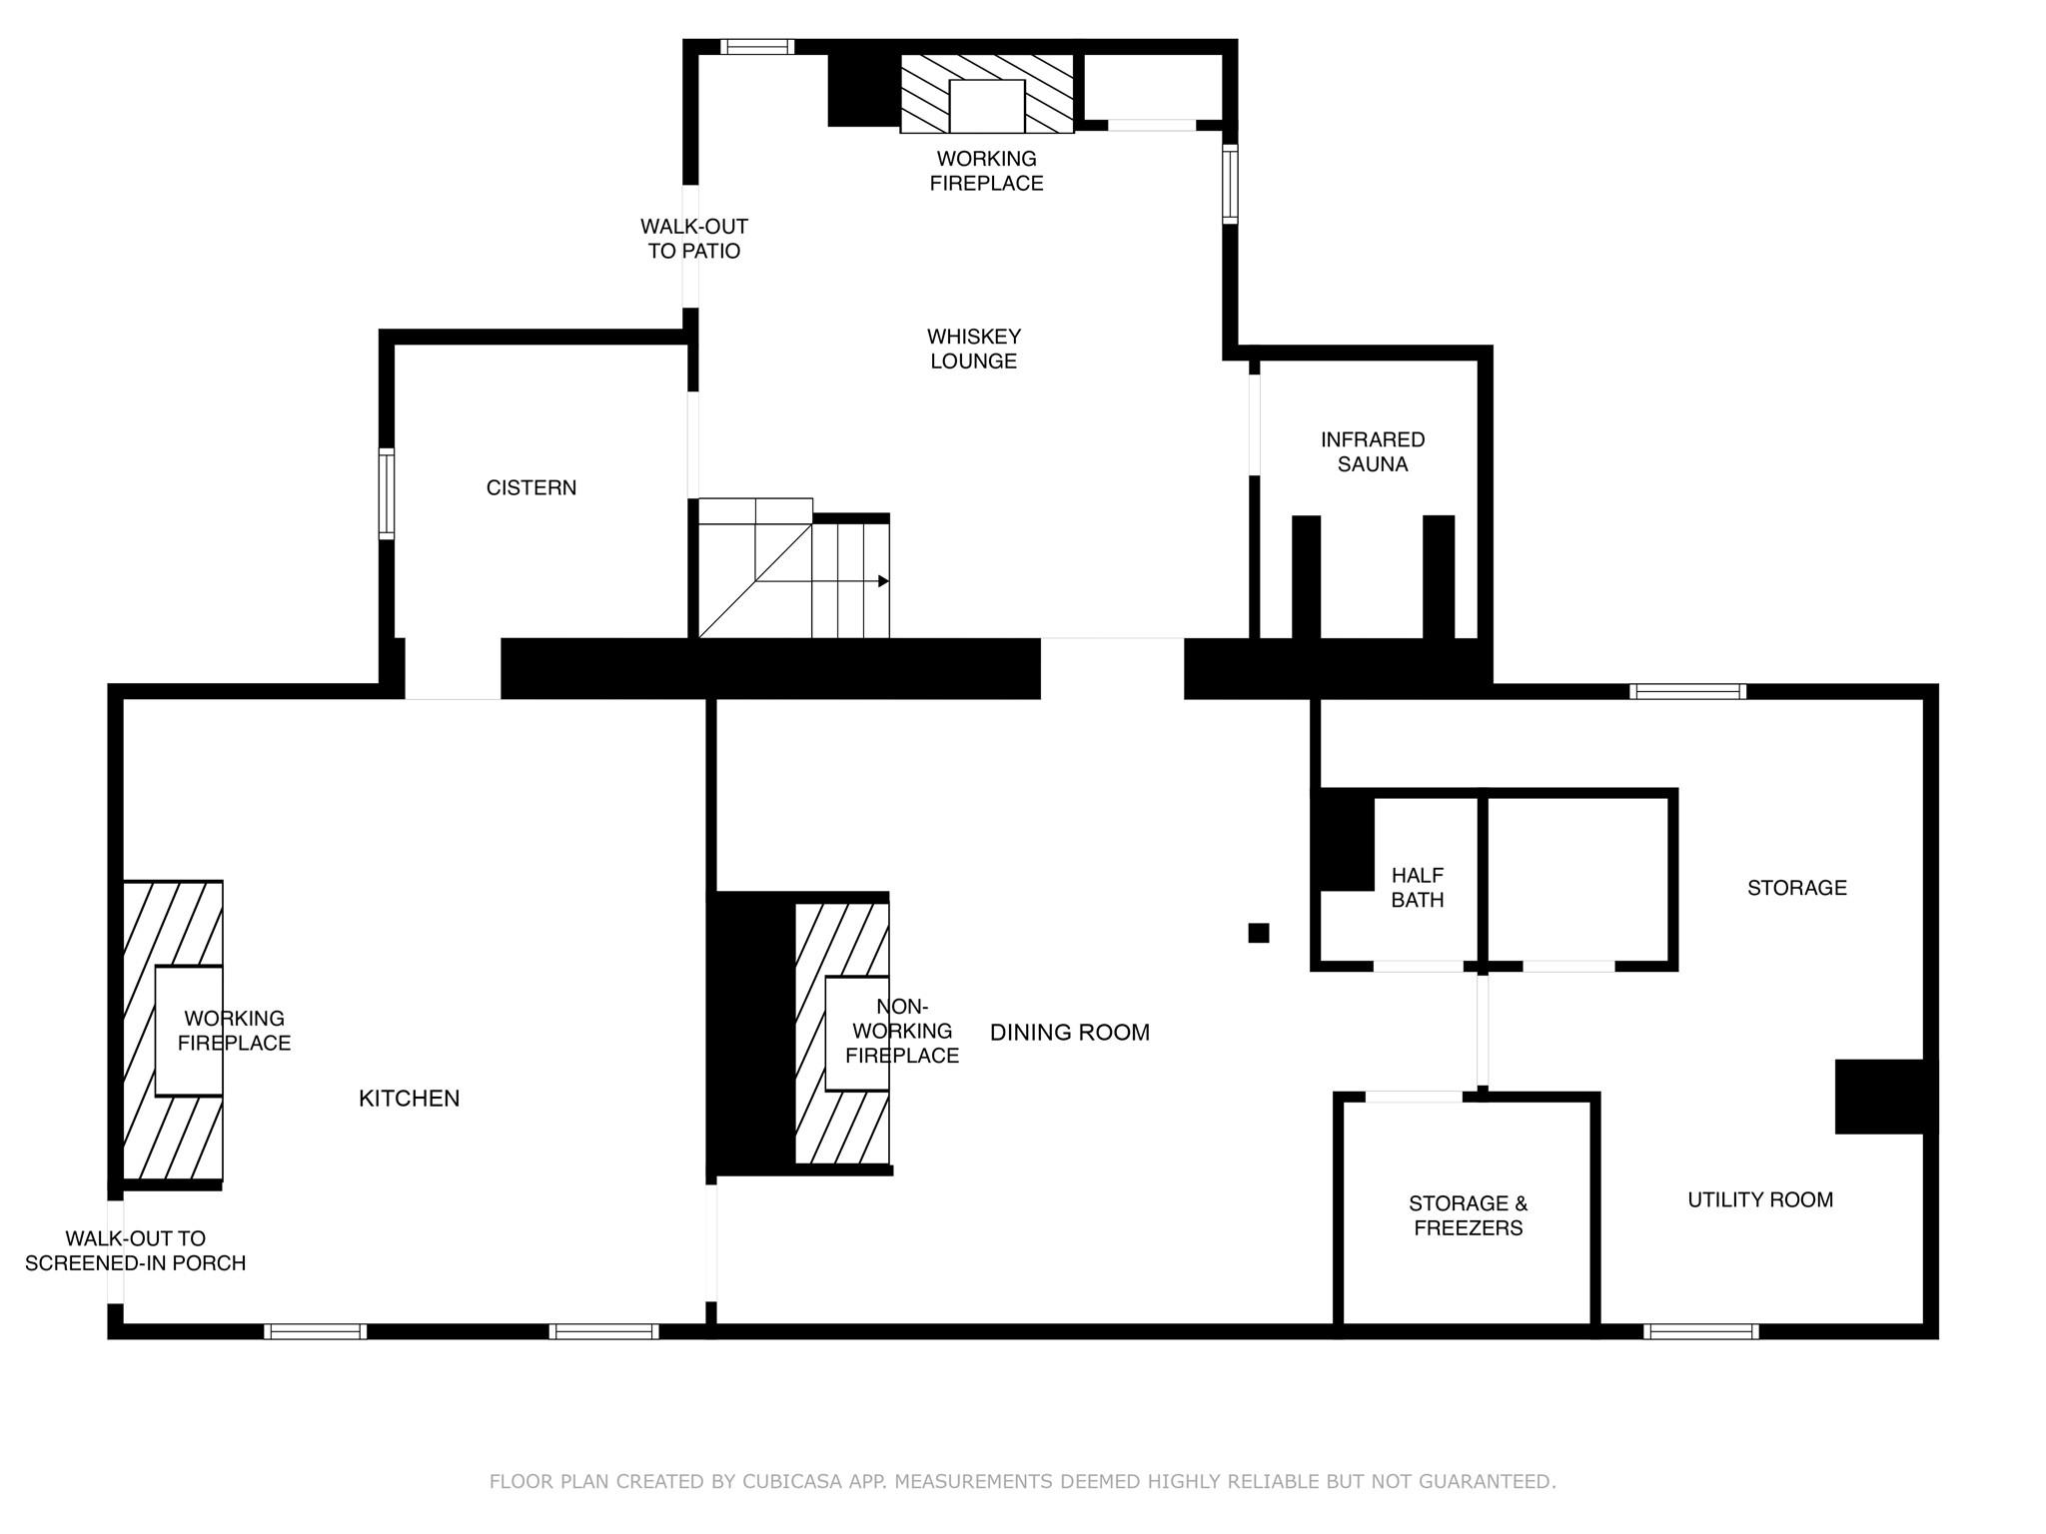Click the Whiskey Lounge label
pyautogui.click(x=974, y=349)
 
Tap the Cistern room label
pyautogui.click(x=531, y=487)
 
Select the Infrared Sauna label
pyautogui.click(x=1373, y=451)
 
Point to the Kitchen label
pyautogui.click(x=410, y=1099)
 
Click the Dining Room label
pyautogui.click(x=1070, y=1033)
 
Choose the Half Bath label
pyautogui.click(x=1418, y=887)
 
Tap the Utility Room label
pyautogui.click(x=1760, y=1199)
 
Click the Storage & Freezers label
pyautogui.click(x=1469, y=1215)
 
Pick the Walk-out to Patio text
pyautogui.click(x=694, y=239)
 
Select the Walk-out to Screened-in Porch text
pyautogui.click(x=136, y=1250)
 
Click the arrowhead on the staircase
pyautogui.click(x=883, y=581)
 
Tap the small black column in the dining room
pyautogui.click(x=1259, y=933)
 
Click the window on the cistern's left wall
pyautogui.click(x=387, y=494)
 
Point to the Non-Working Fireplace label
pyautogui.click(x=902, y=1031)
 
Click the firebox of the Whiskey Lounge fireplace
pyautogui.click(x=987, y=106)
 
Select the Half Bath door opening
pyautogui.click(x=1419, y=966)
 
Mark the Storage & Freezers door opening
pyautogui.click(x=1414, y=1097)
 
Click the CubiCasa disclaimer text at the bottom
pyautogui.click(x=1023, y=1481)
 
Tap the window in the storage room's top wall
pyautogui.click(x=1688, y=691)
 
